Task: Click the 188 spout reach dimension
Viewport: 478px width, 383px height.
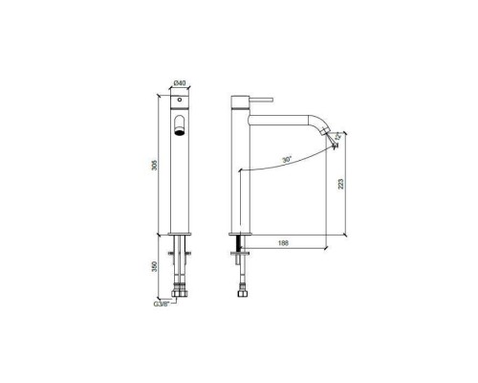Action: [283, 243]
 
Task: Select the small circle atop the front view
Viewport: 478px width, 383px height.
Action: [178, 101]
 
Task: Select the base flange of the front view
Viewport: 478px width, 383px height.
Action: [178, 233]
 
